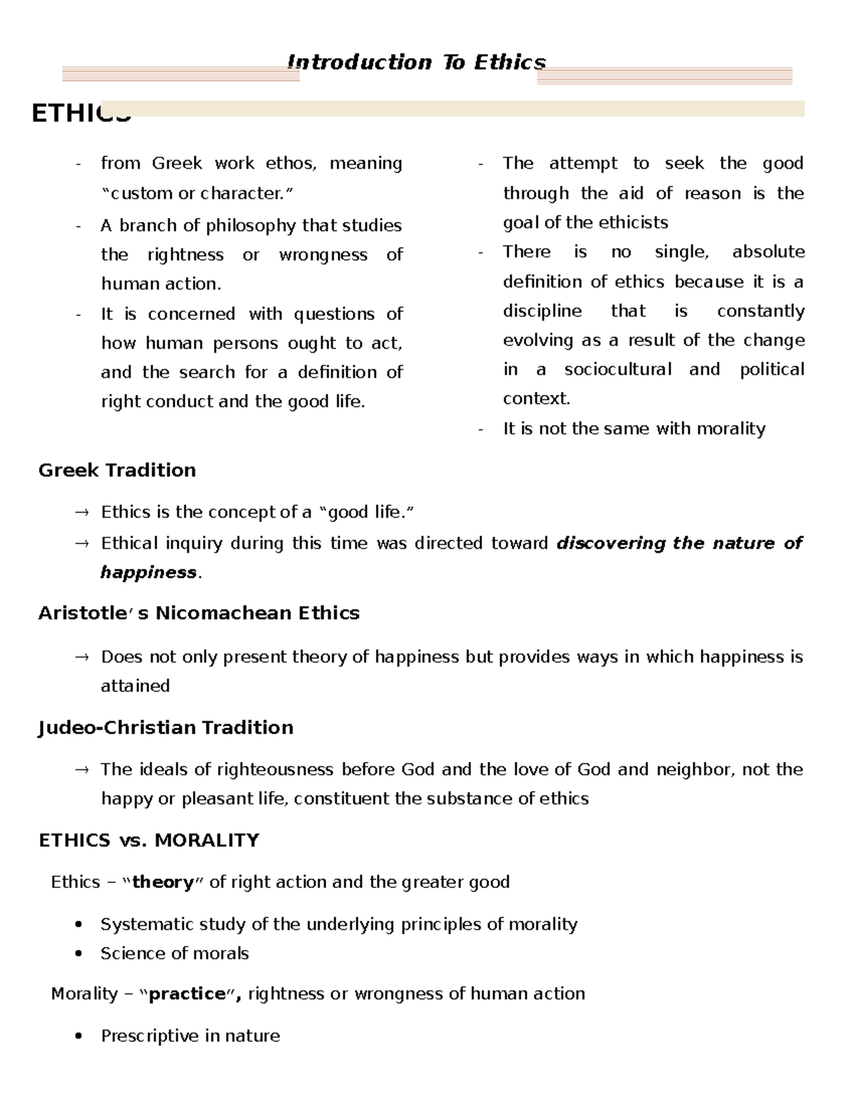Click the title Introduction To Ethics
pyautogui.click(x=416, y=63)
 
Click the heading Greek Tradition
pyautogui.click(x=117, y=470)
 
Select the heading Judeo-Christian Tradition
pyautogui.click(x=165, y=727)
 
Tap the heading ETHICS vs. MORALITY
pyautogui.click(x=148, y=840)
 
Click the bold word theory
pyautogui.click(x=163, y=882)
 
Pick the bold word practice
pyautogui.click(x=187, y=993)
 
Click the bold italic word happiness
pyautogui.click(x=148, y=573)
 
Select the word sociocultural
pyautogui.click(x=618, y=369)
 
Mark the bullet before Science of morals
pyautogui.click(x=79, y=954)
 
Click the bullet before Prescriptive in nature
pyautogui.click(x=79, y=1036)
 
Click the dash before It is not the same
pyautogui.click(x=482, y=429)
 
